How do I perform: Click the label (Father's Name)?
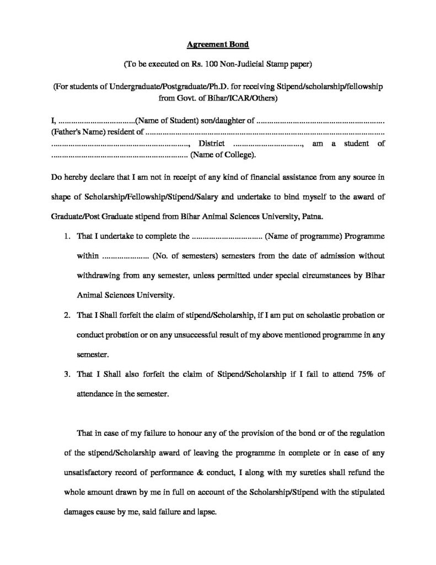(76, 132)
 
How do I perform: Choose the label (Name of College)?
(223, 155)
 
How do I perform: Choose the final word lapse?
(205, 512)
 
